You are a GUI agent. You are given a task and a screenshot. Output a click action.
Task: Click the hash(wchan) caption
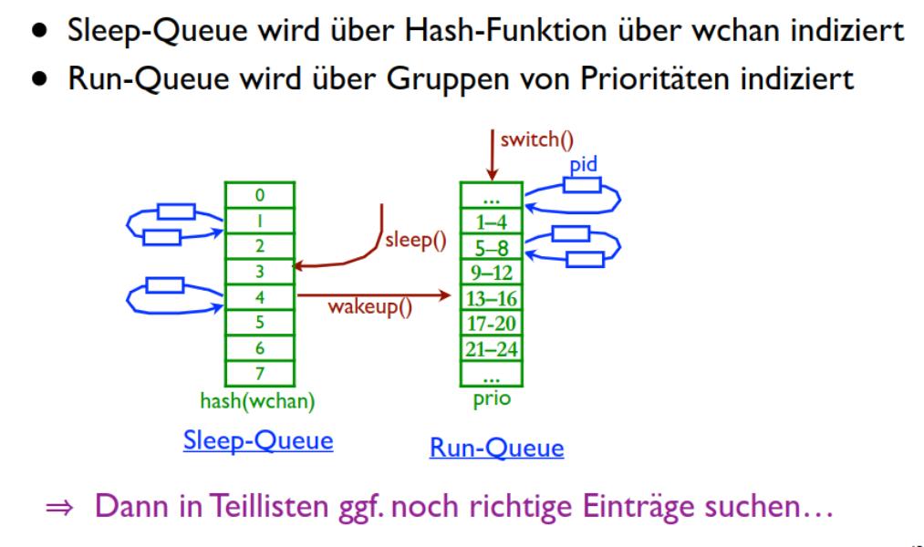pyautogui.click(x=260, y=399)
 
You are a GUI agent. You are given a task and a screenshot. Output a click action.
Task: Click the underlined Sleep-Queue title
pyautogui.click(x=258, y=440)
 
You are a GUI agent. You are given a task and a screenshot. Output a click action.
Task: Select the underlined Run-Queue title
pyautogui.click(x=496, y=448)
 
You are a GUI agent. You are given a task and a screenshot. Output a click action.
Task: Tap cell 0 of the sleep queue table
pyautogui.click(x=260, y=195)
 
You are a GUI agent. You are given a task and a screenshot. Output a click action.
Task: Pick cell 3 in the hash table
pyautogui.click(x=260, y=271)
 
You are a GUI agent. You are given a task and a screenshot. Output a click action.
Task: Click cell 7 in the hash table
pyautogui.click(x=260, y=372)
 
